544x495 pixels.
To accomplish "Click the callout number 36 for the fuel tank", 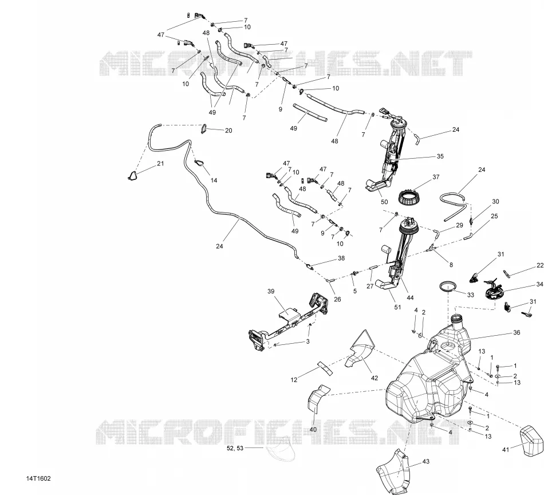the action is click(x=517, y=332).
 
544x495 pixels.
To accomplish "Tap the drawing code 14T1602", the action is click(x=38, y=479).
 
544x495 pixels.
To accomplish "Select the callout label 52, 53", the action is click(x=235, y=448).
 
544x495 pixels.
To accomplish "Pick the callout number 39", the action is click(x=271, y=291).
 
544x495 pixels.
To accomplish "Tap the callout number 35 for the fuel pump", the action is click(x=440, y=156).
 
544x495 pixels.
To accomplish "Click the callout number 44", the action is click(x=411, y=297).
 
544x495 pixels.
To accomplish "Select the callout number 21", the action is click(x=160, y=163).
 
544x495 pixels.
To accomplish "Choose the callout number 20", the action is click(x=228, y=131).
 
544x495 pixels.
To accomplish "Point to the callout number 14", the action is click(x=214, y=180).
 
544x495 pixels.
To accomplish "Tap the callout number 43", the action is click(x=426, y=461).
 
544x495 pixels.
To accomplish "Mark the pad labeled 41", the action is click(x=531, y=441).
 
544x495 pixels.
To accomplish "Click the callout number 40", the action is click(x=313, y=429).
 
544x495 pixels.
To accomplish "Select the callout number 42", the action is click(x=375, y=378).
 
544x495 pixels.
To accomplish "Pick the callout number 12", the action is click(x=294, y=380).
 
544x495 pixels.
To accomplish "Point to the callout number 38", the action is click(x=341, y=258).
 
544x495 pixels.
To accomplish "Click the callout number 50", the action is click(x=384, y=202).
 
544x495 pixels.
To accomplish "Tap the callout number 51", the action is click(x=397, y=307).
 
